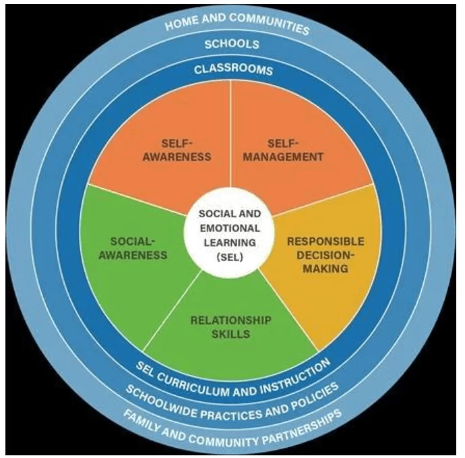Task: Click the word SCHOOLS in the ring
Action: tap(232, 45)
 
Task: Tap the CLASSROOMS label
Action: tap(233, 69)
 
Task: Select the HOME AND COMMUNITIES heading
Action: tap(237, 24)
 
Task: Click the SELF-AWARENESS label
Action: tap(177, 150)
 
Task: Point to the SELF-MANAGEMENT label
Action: tap(283, 150)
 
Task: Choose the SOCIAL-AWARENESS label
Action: tap(133, 248)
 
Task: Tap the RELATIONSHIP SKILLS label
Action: tap(230, 327)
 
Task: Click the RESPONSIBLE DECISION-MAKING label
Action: tap(325, 255)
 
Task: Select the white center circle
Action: tap(228, 233)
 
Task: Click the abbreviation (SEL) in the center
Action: tap(230, 257)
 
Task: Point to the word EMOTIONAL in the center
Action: tap(230, 228)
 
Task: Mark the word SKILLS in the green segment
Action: tap(230, 334)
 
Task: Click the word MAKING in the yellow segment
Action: tap(325, 268)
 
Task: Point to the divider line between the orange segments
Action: tap(230, 134)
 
